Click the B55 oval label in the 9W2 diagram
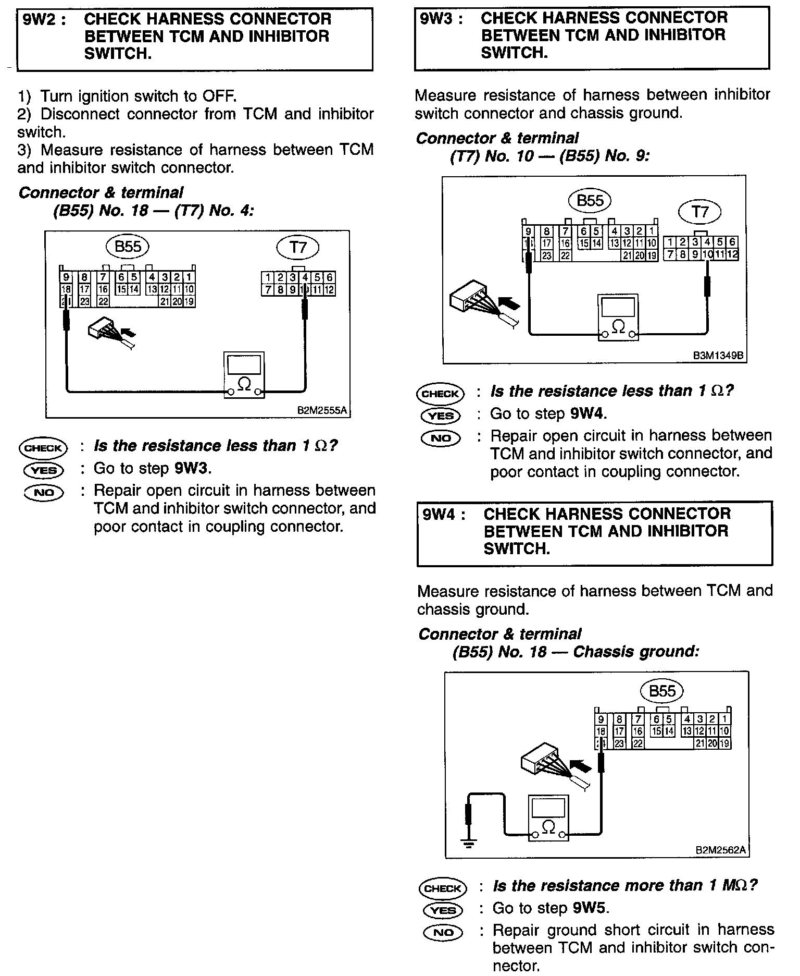click(x=128, y=246)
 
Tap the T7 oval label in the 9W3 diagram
click(x=700, y=212)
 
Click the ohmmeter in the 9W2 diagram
click(x=244, y=375)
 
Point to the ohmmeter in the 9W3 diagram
click(x=618, y=318)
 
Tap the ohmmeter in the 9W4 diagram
click(x=548, y=818)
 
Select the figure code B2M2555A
click(x=321, y=410)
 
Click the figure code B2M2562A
click(x=720, y=850)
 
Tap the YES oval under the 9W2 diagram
click(x=44, y=470)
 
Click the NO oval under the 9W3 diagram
click(x=441, y=438)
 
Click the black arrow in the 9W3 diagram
click(x=509, y=303)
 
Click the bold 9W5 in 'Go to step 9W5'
click(x=590, y=908)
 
